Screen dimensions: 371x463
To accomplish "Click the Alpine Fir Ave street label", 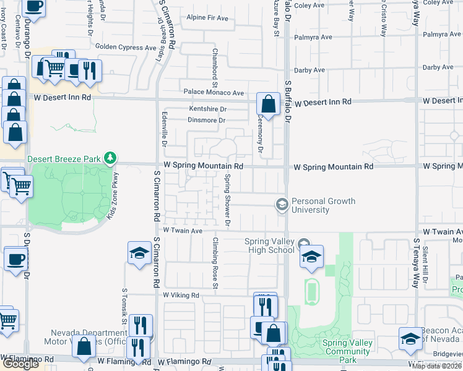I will click(207, 18).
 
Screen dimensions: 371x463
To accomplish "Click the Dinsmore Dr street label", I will click(207, 121).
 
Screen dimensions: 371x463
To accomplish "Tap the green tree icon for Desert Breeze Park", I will click(110, 159).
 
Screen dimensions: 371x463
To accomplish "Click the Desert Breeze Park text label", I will click(64, 159).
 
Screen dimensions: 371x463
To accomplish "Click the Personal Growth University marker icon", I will click(282, 205).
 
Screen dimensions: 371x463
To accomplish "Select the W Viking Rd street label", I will click(181, 296).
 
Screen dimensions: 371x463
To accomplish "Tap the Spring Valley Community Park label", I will click(347, 351).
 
